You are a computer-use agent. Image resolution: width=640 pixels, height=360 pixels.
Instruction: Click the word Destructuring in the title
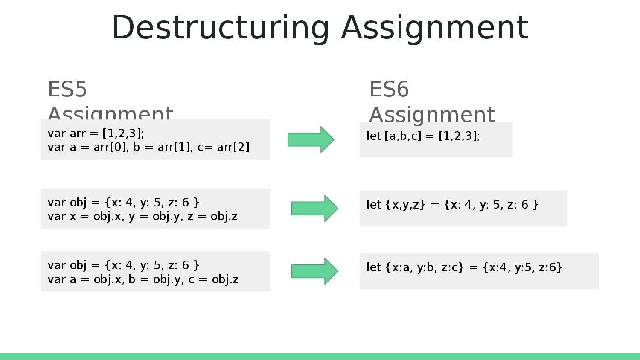[220, 28]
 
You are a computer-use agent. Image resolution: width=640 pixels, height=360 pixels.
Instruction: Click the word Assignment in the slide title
[435, 28]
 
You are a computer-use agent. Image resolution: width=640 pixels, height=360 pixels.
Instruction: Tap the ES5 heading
[67, 90]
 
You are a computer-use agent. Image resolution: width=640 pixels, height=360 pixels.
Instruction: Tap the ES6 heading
[389, 90]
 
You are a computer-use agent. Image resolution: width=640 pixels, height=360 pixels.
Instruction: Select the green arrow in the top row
[311, 139]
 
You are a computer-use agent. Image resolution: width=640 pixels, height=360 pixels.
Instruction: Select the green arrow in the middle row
[314, 208]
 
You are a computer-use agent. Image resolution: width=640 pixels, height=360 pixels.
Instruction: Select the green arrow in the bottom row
[314, 271]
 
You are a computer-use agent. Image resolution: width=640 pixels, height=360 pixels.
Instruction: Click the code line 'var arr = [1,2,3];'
[96, 134]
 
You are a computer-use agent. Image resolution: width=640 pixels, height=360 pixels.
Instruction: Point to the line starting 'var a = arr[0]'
[148, 148]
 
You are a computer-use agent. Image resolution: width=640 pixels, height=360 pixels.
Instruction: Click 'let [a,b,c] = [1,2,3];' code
[423, 136]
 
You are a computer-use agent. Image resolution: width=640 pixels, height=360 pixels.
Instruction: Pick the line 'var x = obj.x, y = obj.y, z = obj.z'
[143, 216]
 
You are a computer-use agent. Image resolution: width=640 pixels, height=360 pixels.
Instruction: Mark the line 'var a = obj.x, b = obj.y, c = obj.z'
[143, 279]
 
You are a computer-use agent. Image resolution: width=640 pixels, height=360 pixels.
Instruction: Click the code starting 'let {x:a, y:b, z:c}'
[465, 267]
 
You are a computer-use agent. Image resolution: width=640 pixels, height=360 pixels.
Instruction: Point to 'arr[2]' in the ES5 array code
[233, 148]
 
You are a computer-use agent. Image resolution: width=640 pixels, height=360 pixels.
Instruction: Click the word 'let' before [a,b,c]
[373, 136]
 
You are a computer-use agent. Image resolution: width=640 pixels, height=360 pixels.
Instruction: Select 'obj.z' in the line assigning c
[225, 279]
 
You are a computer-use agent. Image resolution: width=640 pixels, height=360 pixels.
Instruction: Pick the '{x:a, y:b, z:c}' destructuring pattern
[424, 267]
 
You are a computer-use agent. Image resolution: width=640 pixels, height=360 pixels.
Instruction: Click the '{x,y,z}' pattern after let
[405, 205]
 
